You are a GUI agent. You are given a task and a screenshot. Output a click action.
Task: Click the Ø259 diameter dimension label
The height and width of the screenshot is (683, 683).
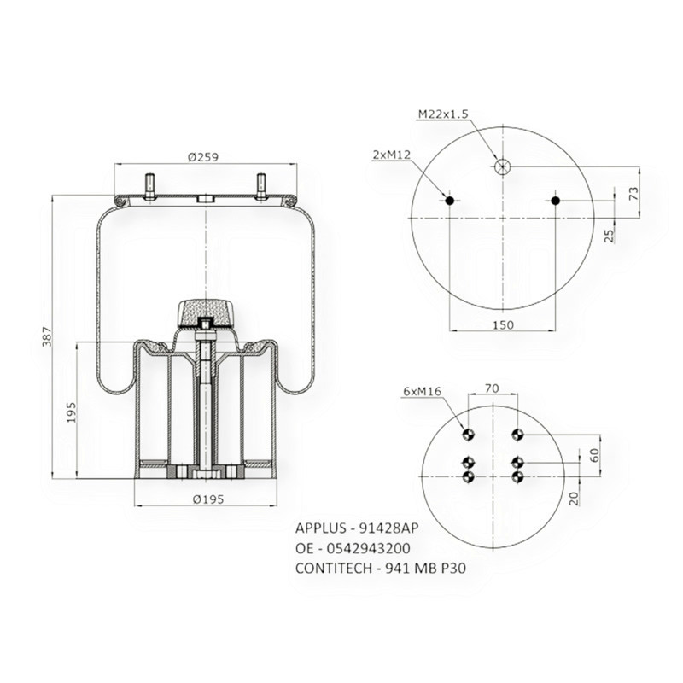click(x=205, y=157)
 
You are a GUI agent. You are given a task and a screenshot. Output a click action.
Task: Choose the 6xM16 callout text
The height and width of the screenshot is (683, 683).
click(x=421, y=391)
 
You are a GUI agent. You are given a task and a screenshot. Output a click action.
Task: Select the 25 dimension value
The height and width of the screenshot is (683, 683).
click(x=610, y=234)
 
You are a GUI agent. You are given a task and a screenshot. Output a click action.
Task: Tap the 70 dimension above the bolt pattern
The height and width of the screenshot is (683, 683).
click(x=492, y=388)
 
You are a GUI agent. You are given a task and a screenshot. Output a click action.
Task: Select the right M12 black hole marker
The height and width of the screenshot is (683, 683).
click(x=555, y=201)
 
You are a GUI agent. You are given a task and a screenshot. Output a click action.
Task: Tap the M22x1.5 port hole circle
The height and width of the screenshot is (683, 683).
click(x=502, y=166)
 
